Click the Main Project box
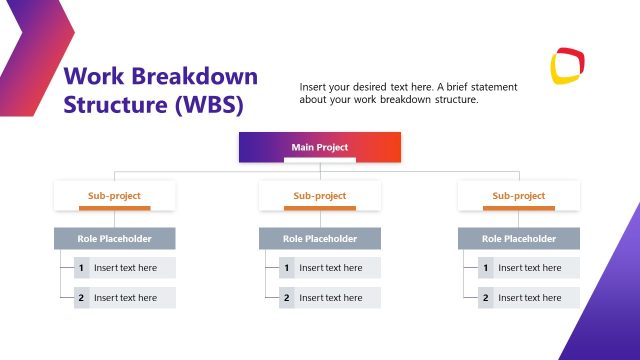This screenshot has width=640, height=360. (x=320, y=147)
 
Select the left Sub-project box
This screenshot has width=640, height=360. (x=114, y=196)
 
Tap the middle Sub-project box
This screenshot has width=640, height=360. (x=320, y=196)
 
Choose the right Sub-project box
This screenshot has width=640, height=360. (x=519, y=196)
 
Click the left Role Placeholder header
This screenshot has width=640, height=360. (x=114, y=239)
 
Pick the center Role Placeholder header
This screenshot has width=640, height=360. (x=320, y=239)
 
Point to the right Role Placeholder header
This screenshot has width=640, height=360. (x=519, y=239)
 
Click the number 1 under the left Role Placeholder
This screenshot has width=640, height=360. (x=82, y=268)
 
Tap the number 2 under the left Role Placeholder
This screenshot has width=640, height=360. (x=82, y=298)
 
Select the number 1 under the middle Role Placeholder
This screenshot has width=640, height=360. (x=287, y=268)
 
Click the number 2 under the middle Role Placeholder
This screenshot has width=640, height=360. (x=287, y=298)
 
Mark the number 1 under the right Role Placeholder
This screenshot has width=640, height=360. (x=486, y=268)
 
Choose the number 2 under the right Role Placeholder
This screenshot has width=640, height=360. (x=486, y=298)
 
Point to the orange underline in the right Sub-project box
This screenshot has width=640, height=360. (x=519, y=208)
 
